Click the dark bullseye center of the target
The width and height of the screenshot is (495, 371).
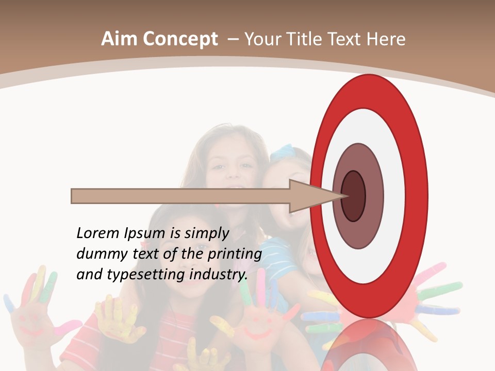(x=354, y=196)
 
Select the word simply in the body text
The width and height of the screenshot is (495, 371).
(x=207, y=233)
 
